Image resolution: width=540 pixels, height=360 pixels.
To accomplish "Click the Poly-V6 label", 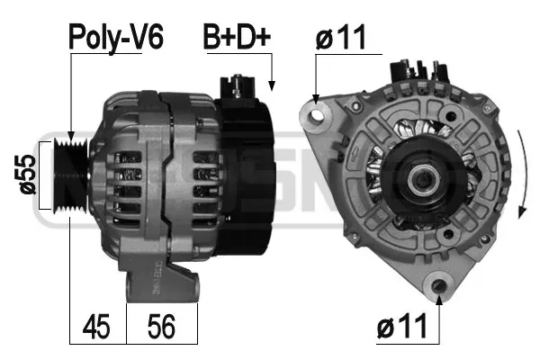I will tap(105, 37).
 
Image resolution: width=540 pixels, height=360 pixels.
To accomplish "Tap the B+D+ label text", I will tap(236, 37).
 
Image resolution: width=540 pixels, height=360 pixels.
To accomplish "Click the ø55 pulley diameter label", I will tap(26, 174).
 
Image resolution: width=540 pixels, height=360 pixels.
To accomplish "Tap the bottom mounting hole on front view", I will tap(439, 286).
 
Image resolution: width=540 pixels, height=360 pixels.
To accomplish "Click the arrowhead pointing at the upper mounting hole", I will tap(316, 100).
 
